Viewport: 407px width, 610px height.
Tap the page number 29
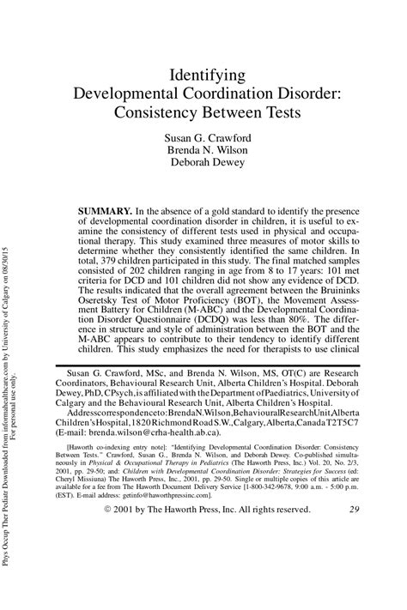(355, 558)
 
